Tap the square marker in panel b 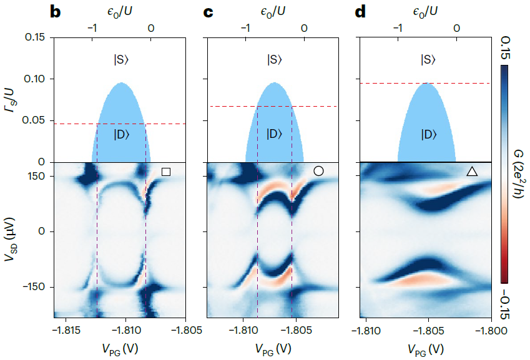[x=165, y=172]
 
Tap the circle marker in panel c [x=318, y=171]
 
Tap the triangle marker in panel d [x=472, y=171]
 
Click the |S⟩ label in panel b [x=121, y=60]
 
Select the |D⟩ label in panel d [x=428, y=134]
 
